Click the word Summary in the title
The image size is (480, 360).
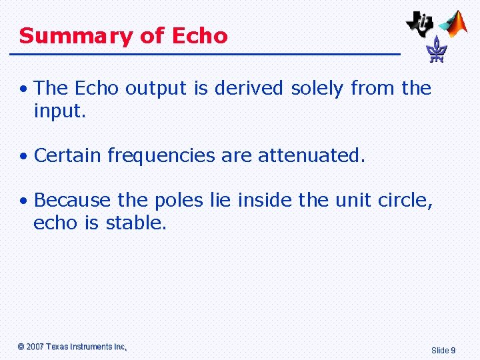(77, 36)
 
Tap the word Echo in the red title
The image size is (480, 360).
(199, 35)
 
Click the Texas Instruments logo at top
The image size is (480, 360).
(421, 23)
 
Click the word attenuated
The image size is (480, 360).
(311, 155)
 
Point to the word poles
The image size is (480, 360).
(171, 200)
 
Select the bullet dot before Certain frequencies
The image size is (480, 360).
(23, 157)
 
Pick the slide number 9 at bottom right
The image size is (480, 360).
(453, 350)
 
